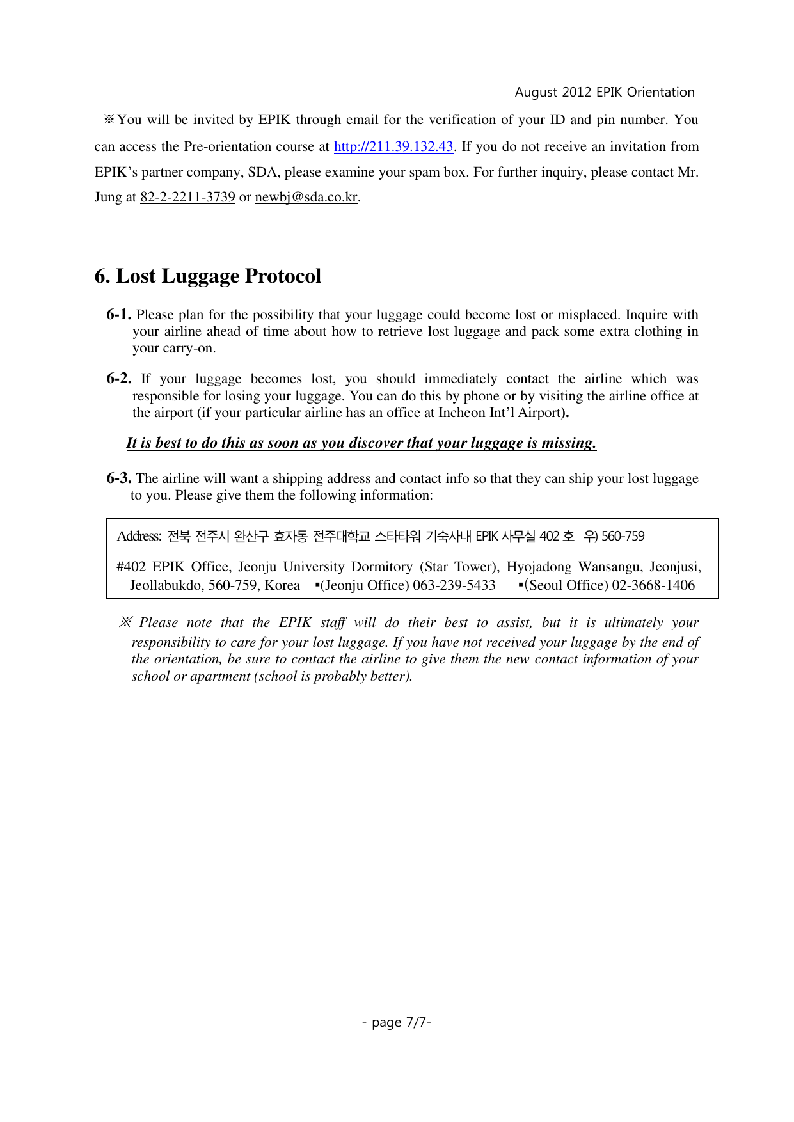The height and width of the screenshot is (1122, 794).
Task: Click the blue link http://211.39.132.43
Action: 393,146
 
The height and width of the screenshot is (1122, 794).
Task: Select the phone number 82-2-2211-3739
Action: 187,197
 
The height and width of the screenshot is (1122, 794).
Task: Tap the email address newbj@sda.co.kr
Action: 306,197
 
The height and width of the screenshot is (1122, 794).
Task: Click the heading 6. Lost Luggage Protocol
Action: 207,276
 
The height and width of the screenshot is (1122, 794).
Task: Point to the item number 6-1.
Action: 119,315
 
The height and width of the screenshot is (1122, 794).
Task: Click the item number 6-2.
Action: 119,379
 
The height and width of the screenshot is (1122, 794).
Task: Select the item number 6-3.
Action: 119,478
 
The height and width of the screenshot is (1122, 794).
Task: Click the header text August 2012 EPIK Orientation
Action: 605,92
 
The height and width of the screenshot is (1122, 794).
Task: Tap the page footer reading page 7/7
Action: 397,1022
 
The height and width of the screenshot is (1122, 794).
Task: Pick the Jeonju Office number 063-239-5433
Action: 454,585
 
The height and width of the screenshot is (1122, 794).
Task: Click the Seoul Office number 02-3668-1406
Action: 653,585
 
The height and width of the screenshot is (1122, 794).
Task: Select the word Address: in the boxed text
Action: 139,536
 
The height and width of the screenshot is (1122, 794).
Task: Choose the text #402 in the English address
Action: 131,567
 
